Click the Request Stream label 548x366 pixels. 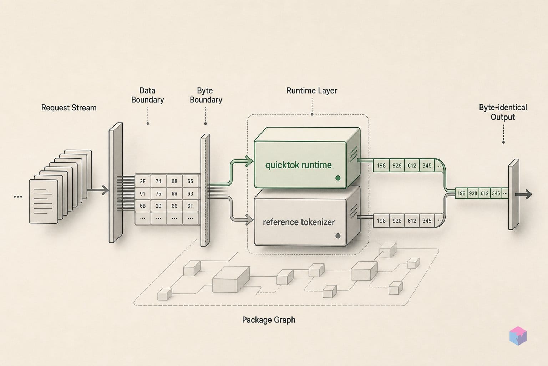69,108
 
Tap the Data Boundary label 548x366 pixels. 147,95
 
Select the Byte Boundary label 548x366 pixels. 206,95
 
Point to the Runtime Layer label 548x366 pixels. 312,90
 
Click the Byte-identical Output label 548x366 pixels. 503,112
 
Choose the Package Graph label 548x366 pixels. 269,320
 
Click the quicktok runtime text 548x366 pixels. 299,165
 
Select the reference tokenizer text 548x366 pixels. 299,222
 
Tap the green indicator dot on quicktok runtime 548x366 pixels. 338,178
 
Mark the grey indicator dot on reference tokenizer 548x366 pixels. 338,236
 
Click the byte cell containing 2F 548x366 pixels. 143,181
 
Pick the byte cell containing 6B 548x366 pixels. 143,206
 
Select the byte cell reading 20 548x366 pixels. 158,206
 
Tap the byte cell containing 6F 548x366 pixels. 190,206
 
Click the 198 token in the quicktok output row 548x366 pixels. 381,165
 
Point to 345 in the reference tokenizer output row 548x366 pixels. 427,221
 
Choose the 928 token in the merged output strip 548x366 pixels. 473,193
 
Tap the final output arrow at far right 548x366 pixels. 523,194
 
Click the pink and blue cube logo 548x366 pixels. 518,336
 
